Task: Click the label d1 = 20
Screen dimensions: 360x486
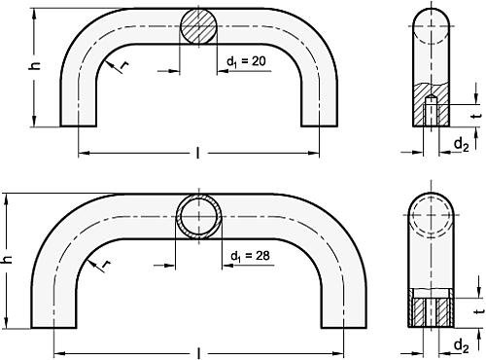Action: pos(249,62)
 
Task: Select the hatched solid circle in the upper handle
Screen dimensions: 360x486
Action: pos(199,25)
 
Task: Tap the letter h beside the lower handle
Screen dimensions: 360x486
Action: pos(10,260)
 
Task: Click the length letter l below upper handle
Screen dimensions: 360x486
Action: pos(198,154)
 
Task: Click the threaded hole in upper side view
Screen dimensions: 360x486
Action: pos(429,110)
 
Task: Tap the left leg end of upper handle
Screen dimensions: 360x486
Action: pos(78,117)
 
